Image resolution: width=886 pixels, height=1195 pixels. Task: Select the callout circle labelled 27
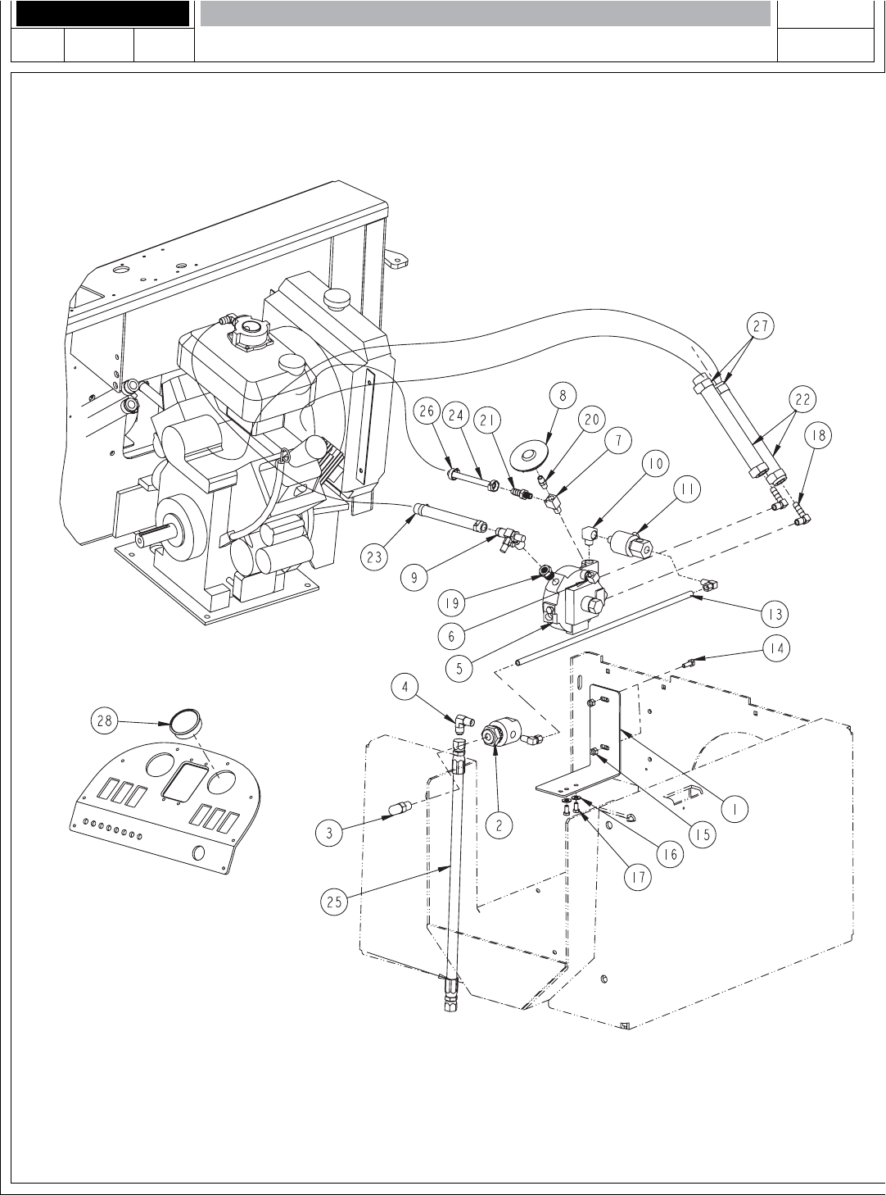coord(761,325)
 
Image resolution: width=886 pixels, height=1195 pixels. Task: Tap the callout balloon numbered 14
coord(775,647)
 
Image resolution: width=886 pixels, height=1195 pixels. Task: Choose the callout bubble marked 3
coord(329,834)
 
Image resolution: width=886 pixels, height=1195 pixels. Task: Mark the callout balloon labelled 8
coord(563,393)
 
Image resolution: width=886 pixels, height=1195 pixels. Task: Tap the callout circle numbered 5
coord(460,668)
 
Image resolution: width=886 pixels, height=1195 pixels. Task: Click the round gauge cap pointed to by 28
coord(186,725)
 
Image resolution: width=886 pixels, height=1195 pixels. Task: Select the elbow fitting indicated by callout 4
coord(463,723)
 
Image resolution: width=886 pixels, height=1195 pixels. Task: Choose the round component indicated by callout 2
coord(497,734)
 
